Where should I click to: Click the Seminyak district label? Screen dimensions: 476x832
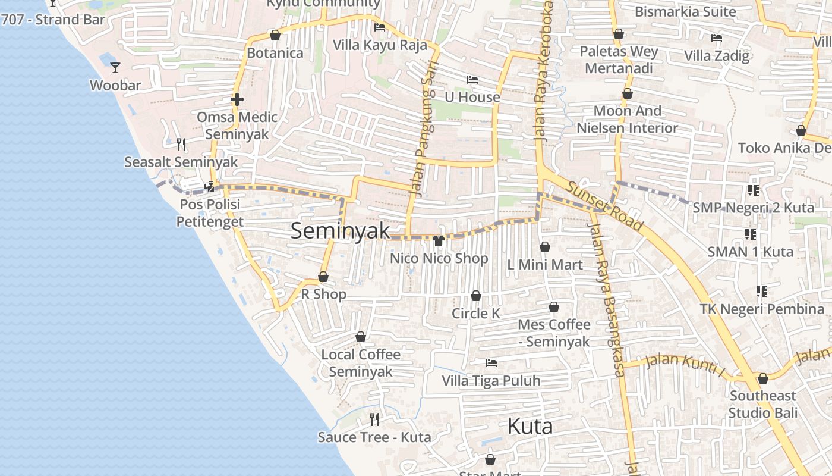[x=340, y=231]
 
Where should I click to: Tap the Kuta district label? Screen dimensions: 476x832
[x=530, y=426]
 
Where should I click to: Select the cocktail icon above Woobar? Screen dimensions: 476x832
[x=115, y=68]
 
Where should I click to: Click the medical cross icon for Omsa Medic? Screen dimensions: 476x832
[x=237, y=99]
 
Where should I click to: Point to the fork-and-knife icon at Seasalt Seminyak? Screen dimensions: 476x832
[x=181, y=144]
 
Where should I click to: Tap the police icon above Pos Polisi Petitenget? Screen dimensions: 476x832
[x=209, y=187]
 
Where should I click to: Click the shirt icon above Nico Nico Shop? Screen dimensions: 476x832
[x=439, y=241]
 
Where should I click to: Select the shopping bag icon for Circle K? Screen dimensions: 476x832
[x=476, y=296]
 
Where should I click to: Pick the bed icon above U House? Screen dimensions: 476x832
[x=472, y=79]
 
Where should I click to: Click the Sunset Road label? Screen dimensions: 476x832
[x=604, y=205]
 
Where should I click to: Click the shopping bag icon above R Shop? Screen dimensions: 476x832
[x=323, y=277]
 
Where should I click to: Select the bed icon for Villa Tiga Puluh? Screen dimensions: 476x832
[x=491, y=362]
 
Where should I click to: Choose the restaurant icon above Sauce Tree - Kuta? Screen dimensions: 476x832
[x=374, y=419]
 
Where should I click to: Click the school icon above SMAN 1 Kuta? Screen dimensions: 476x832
[x=750, y=234]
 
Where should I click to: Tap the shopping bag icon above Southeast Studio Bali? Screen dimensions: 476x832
[x=763, y=378]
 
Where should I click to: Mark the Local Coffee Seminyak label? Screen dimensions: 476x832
[x=361, y=363]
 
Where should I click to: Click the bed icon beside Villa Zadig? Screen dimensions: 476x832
[x=717, y=38]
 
